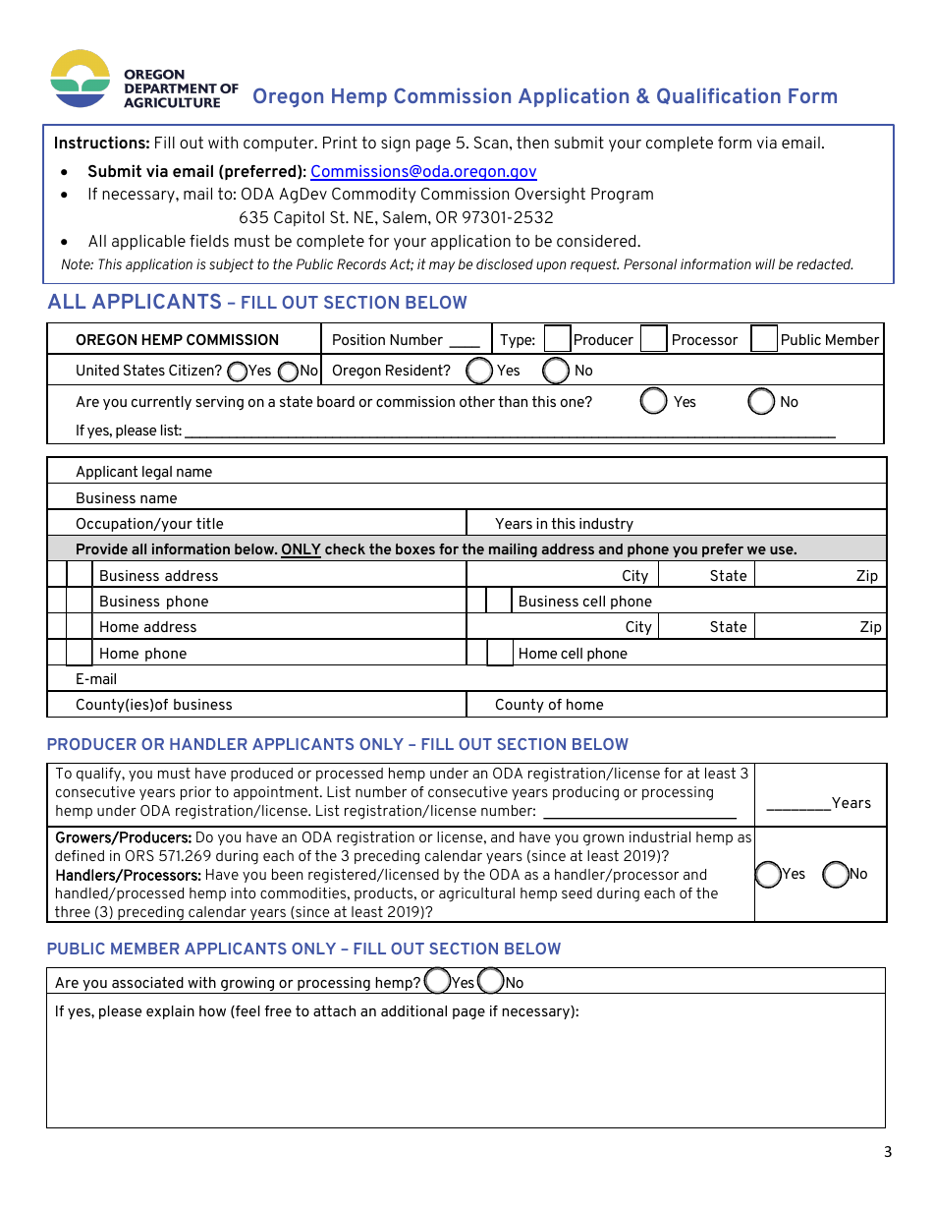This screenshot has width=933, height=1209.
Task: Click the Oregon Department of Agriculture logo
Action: tap(81, 79)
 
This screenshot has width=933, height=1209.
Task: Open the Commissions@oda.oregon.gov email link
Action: tap(423, 172)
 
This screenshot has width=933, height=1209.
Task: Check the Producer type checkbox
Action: tap(557, 339)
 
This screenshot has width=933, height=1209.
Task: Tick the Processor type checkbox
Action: tap(653, 339)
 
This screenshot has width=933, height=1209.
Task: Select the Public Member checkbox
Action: tap(764, 339)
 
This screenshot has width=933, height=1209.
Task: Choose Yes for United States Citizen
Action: tap(237, 372)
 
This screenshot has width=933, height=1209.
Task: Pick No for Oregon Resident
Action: tap(556, 371)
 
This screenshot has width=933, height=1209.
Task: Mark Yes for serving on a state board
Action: tap(653, 401)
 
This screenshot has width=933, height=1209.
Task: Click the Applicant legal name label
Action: tap(143, 472)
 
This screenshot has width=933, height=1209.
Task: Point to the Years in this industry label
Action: tap(564, 524)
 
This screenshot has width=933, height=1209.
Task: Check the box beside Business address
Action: tap(80, 575)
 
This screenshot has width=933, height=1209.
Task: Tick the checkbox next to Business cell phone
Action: tap(500, 602)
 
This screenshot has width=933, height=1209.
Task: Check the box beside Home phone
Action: tap(80, 653)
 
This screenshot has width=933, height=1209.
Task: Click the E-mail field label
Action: tap(96, 679)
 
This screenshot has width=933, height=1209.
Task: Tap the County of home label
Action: tap(549, 705)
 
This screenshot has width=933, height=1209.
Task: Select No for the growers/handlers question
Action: tap(835, 874)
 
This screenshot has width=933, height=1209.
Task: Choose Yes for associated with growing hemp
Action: tap(436, 981)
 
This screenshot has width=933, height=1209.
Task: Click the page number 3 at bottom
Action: tap(888, 1152)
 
